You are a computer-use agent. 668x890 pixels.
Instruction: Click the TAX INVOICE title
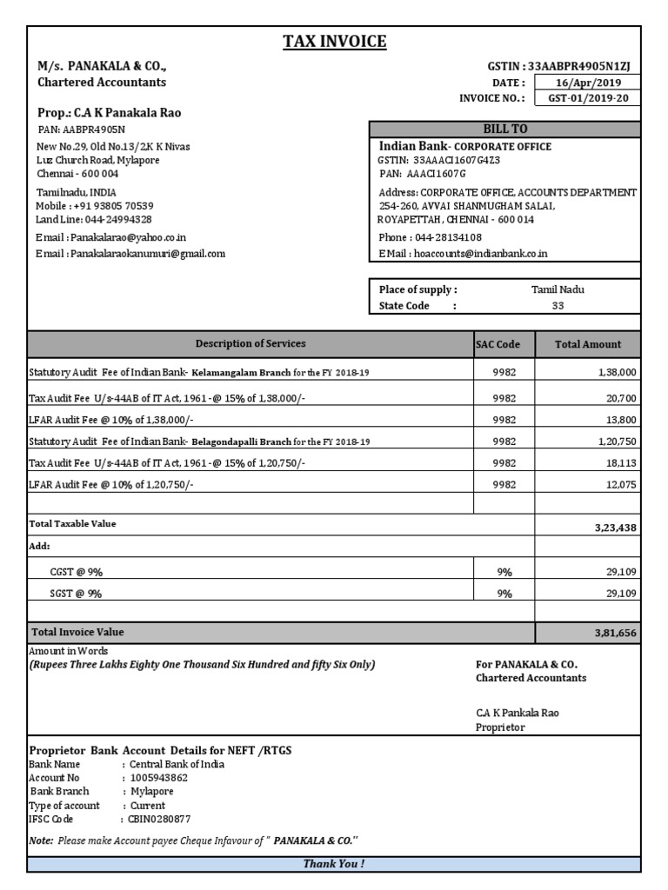(334, 42)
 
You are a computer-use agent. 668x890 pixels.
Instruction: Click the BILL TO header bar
(505, 129)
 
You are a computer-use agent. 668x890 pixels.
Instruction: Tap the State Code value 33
(558, 306)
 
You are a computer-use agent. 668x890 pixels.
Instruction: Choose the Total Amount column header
(588, 344)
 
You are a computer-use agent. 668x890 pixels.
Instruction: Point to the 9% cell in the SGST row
(504, 594)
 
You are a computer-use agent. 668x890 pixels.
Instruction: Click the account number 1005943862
(158, 778)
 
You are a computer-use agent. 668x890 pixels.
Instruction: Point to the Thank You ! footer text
(334, 864)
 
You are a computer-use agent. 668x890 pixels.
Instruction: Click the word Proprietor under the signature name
(500, 727)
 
